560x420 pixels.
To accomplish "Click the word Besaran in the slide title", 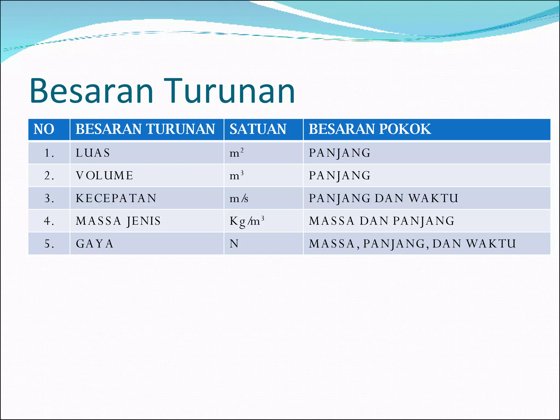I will [x=92, y=91].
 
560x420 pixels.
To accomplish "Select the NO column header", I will [x=44, y=129].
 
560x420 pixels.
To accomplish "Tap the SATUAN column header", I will [x=258, y=129].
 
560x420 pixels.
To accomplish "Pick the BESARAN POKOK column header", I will [x=370, y=129].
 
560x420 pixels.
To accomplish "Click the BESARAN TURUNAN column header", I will [x=145, y=129].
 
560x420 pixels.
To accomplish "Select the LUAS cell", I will [x=93, y=153].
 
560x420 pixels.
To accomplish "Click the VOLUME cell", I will [x=104, y=176].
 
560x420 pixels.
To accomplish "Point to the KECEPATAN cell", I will [x=116, y=198].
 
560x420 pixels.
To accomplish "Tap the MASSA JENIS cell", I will [x=118, y=221].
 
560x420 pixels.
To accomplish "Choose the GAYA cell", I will [x=95, y=244].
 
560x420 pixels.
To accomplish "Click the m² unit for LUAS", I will [x=236, y=153].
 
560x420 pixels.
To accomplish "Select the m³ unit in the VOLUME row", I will [x=236, y=176].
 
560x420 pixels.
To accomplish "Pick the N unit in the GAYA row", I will [x=234, y=244].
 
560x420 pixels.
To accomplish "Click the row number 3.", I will [x=49, y=198].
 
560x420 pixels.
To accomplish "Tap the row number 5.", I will [x=49, y=244].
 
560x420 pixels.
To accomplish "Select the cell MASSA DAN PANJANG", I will [x=382, y=221].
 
